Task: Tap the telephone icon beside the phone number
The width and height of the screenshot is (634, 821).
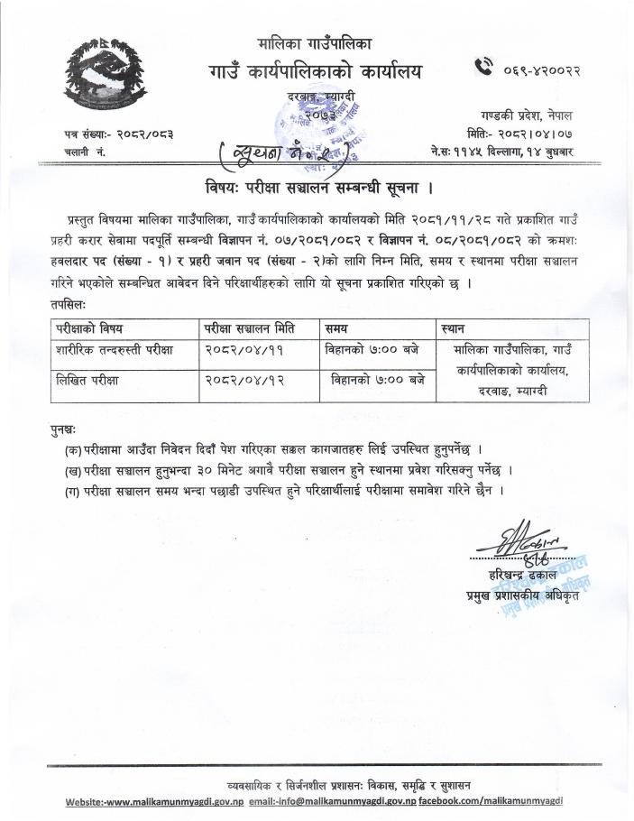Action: (484, 64)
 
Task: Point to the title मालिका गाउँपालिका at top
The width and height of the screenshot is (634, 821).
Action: (314, 42)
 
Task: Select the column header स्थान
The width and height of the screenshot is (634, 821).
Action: (455, 327)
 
